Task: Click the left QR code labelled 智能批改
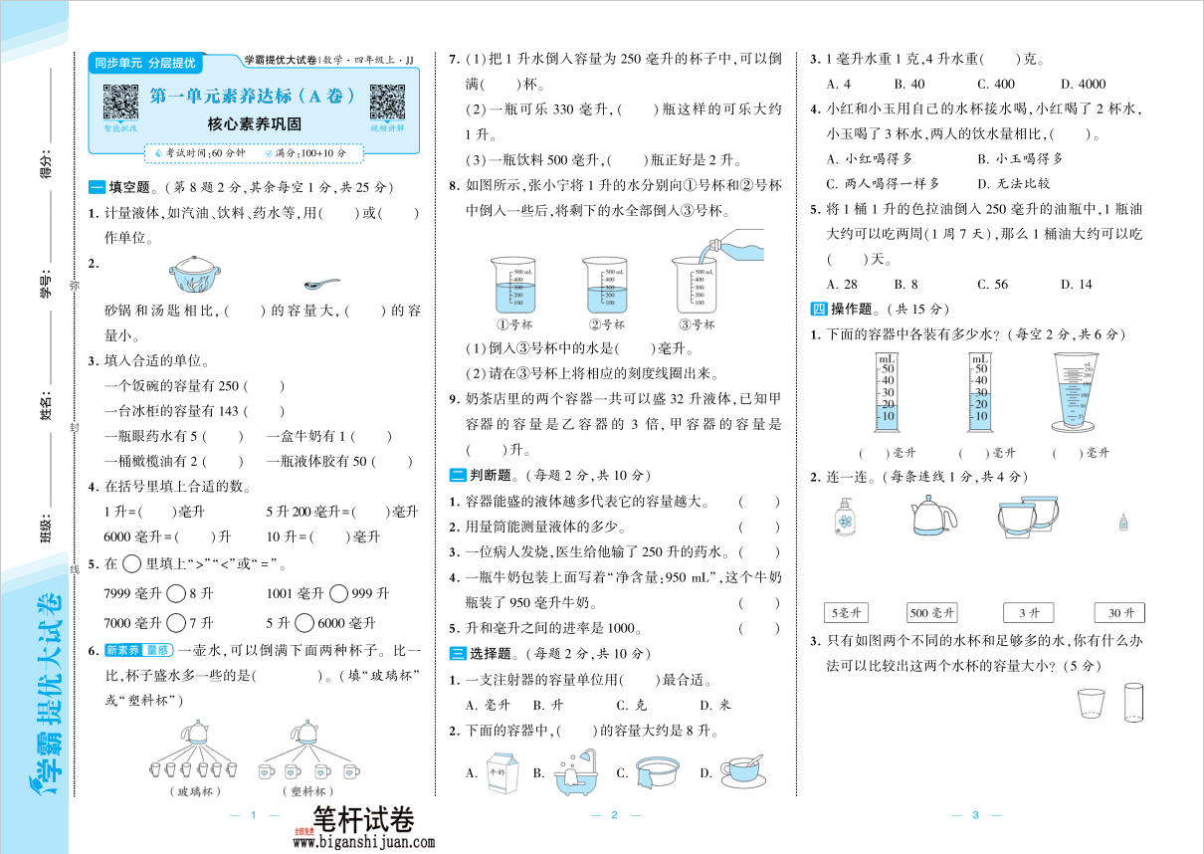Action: point(120,103)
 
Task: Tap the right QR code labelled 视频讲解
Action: point(387,103)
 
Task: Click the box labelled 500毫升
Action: point(931,613)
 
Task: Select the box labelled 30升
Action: point(1119,613)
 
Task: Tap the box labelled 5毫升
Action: point(847,613)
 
